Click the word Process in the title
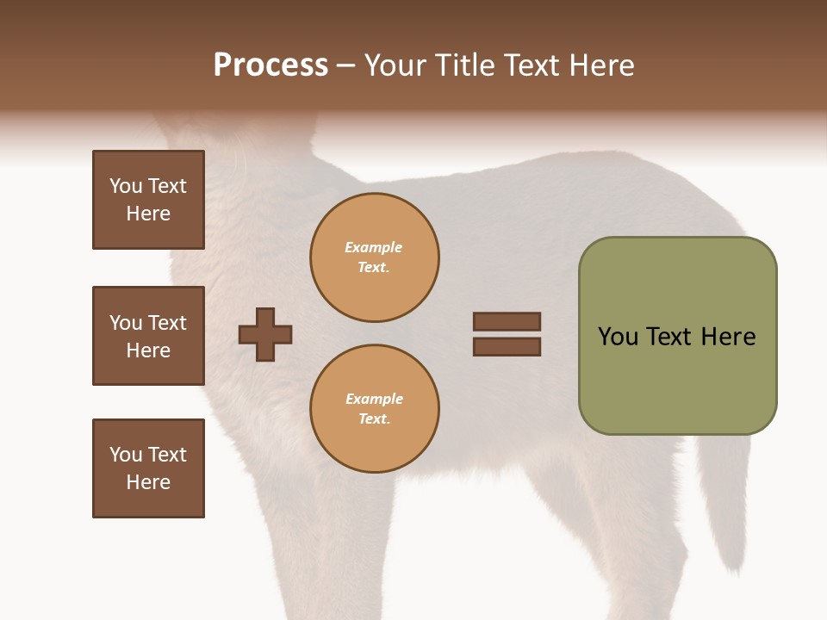coord(270,65)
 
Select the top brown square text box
coord(148,200)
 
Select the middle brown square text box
coord(148,336)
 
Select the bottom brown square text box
coord(148,468)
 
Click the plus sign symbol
coord(265,334)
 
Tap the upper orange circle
coord(374,257)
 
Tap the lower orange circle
coord(374,409)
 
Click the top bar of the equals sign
coord(507,321)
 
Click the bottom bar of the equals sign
coord(507,347)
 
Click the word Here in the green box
coord(728,337)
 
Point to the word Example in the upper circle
coord(374,247)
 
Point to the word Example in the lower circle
coord(374,399)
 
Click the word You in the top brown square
coord(125,186)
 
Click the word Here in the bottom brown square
coord(148,482)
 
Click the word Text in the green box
coord(669,337)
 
